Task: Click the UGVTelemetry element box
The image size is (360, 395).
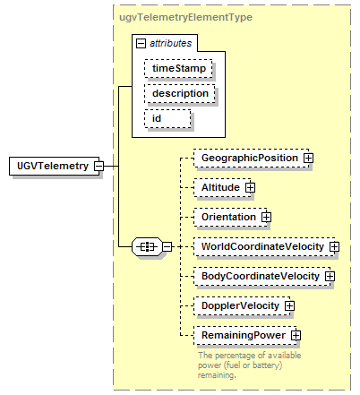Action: [x=54, y=166]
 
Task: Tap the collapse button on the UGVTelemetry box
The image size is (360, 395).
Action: [x=99, y=166]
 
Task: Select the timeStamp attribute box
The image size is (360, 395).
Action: [x=178, y=68]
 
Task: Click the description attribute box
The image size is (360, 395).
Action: [x=180, y=93]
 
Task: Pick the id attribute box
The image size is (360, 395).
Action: [x=167, y=118]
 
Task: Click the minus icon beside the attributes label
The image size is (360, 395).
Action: [x=141, y=44]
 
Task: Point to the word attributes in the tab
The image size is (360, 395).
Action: [x=170, y=44]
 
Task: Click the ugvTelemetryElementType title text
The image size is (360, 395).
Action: [x=185, y=17]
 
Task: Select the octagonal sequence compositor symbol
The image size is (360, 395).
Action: [x=147, y=247]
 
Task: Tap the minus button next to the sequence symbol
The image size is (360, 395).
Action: [x=167, y=247]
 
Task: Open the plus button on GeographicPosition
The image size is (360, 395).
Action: [x=308, y=158]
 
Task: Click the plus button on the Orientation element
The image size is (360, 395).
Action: [x=266, y=217]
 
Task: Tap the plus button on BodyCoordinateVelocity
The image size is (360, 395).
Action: [x=330, y=276]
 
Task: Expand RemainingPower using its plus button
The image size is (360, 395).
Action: [x=296, y=335]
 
